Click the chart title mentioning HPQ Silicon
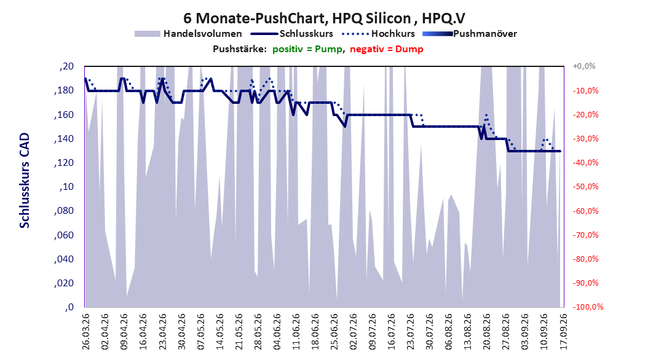[x=324, y=18]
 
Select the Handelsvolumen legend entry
[x=189, y=34]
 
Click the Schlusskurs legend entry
[x=292, y=34]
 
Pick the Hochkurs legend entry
[x=379, y=34]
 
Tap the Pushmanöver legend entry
[x=470, y=34]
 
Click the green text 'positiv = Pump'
[x=307, y=49]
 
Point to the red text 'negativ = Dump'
[x=387, y=49]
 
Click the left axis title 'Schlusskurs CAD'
[x=25, y=181]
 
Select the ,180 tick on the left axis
[x=64, y=90]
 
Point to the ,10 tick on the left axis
[x=67, y=187]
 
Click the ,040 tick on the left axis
[x=64, y=259]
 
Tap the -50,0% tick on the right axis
[x=586, y=187]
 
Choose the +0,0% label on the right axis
[x=584, y=66]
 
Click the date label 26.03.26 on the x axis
[x=86, y=332]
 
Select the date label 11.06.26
[x=296, y=332]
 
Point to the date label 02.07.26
[x=354, y=332]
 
